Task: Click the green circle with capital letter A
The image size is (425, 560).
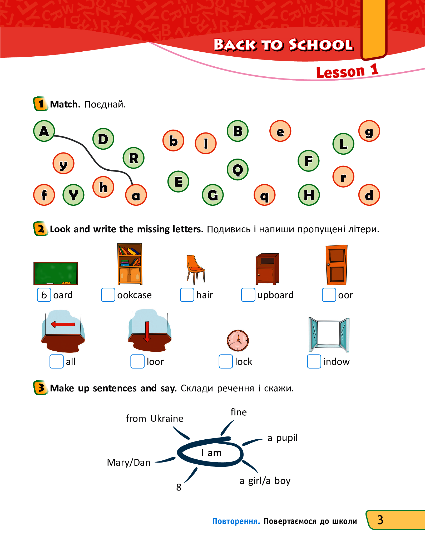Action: click(44, 131)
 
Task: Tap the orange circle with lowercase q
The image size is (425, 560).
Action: click(264, 195)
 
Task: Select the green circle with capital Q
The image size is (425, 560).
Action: click(238, 169)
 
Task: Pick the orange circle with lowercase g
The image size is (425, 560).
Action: click(369, 131)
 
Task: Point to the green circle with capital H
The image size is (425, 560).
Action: click(309, 195)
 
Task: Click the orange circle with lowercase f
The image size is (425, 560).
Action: click(44, 195)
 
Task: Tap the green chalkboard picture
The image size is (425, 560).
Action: click(56, 273)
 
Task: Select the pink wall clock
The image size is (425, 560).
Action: click(238, 340)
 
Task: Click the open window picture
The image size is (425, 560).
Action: click(329, 335)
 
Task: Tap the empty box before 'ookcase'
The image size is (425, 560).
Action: click(108, 295)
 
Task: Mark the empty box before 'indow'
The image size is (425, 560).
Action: click(314, 361)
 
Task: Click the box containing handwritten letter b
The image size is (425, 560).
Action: click(44, 295)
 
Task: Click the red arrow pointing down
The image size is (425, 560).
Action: click(147, 331)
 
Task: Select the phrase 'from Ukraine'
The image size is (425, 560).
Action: click(154, 418)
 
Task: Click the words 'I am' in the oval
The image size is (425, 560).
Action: click(211, 453)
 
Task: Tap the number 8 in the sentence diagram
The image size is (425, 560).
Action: click(179, 487)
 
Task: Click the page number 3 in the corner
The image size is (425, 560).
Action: click(380, 520)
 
